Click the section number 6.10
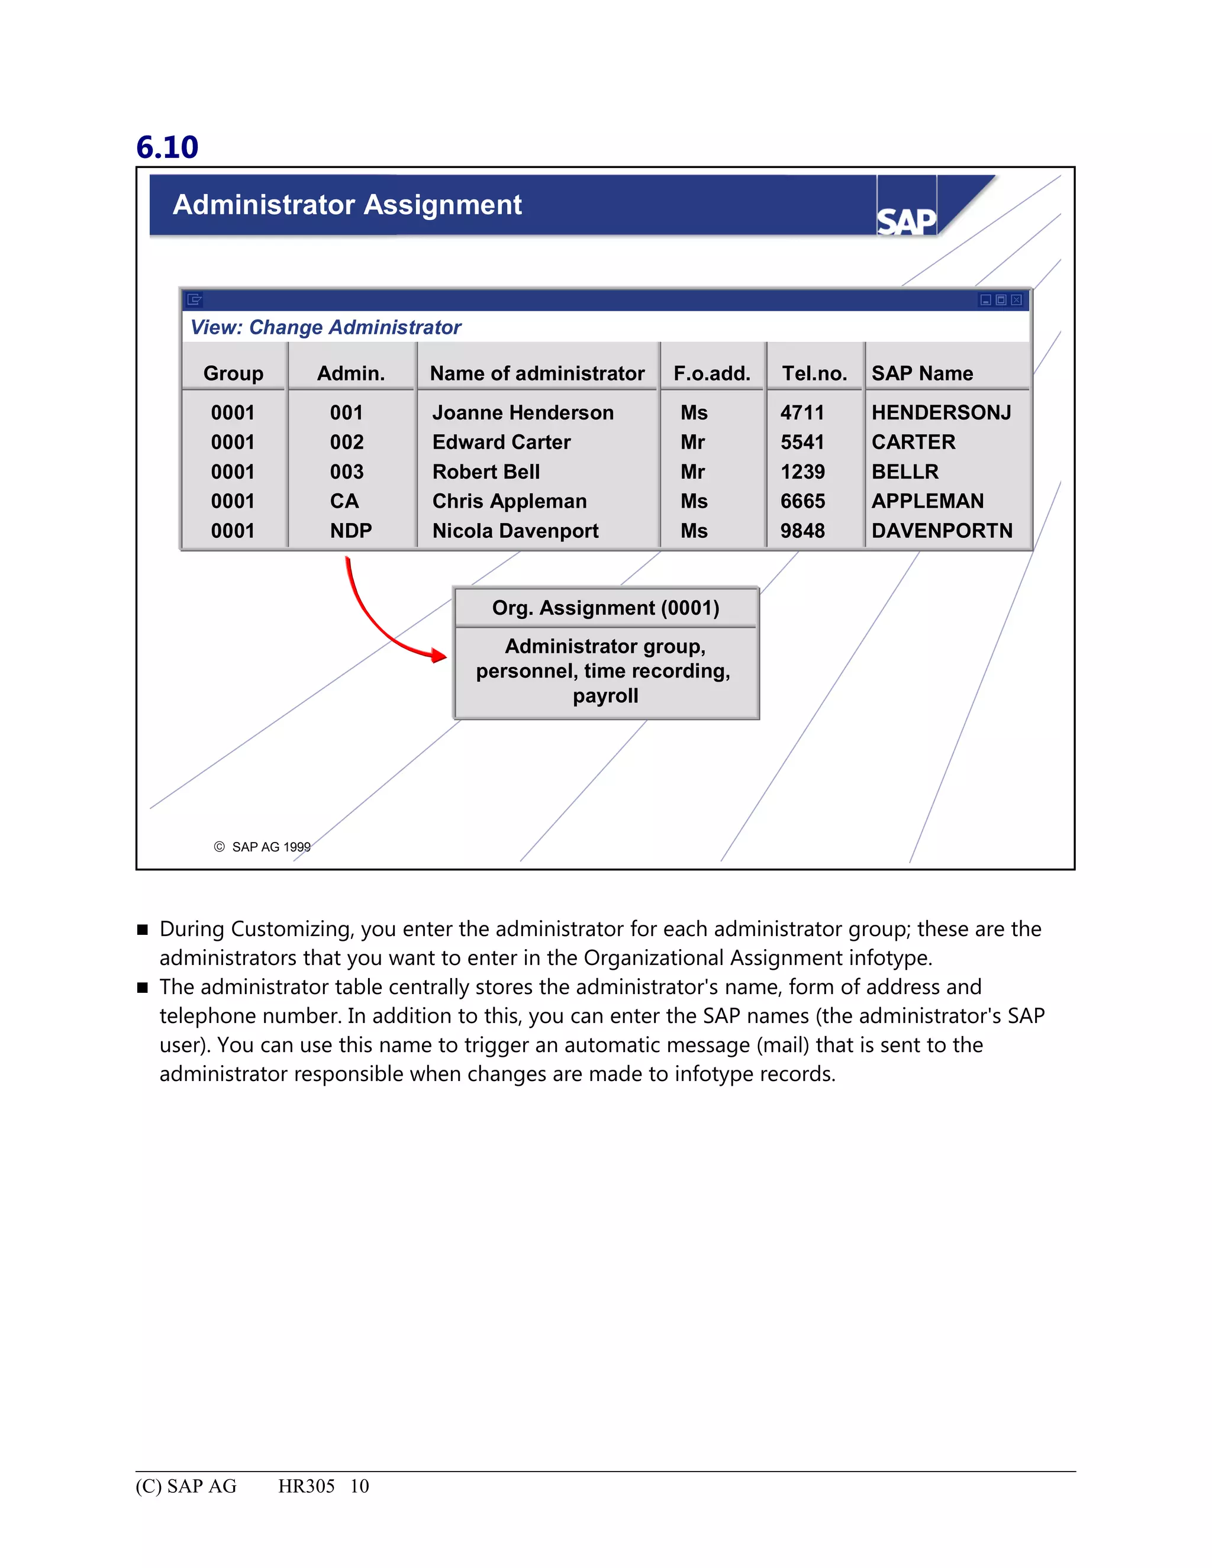point(167,147)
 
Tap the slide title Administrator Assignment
point(347,205)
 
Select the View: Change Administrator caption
point(325,327)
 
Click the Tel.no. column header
point(814,373)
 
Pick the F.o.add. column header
point(711,373)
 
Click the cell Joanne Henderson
point(523,413)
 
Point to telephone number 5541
point(802,442)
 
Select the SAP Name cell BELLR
point(905,472)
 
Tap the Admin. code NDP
point(350,531)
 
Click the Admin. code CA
point(344,501)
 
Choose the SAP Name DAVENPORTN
point(942,531)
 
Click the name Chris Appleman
point(509,501)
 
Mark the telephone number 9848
point(802,531)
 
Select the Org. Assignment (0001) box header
point(605,608)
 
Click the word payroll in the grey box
point(605,696)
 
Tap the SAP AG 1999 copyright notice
point(263,847)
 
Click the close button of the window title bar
point(1016,300)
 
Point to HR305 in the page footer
point(306,1486)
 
